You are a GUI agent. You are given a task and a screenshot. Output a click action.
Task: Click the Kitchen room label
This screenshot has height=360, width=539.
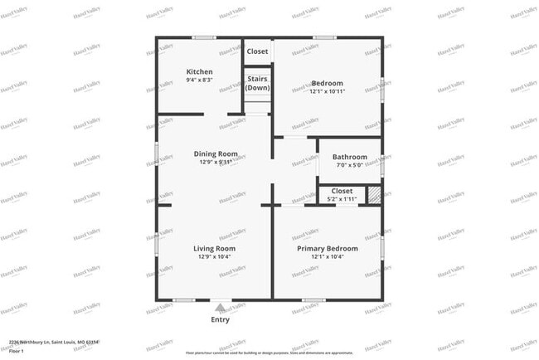pos(199,71)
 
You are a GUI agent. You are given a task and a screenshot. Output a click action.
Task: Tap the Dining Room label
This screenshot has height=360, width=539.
pos(216,153)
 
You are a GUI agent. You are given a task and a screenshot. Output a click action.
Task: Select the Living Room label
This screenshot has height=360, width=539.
pos(215,248)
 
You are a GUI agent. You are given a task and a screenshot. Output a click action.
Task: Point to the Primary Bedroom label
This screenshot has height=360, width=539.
pos(328,248)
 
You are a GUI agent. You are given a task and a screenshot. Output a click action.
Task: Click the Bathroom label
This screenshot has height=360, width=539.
pos(350,157)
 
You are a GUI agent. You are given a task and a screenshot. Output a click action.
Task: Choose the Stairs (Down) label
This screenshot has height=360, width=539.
pos(257,83)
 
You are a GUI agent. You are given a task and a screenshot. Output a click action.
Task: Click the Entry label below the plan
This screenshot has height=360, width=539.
pos(221,319)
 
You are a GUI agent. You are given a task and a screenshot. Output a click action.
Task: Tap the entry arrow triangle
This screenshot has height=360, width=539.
pos(220,307)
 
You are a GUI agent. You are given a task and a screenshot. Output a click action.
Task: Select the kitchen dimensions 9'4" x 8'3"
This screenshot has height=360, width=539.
pos(199,80)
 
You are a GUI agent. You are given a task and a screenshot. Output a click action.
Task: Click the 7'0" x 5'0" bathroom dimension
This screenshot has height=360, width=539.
pos(350,166)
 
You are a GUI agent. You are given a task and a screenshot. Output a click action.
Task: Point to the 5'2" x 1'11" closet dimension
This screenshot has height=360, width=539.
pos(341,199)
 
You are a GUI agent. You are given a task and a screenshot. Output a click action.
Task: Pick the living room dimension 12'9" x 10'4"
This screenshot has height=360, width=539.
pos(215,257)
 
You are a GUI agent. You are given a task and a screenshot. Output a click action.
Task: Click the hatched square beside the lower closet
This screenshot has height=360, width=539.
pos(375,195)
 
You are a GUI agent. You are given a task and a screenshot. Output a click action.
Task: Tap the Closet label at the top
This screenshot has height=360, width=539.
pos(257,51)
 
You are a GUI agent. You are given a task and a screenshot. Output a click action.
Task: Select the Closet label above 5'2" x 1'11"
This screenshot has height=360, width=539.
pos(342,191)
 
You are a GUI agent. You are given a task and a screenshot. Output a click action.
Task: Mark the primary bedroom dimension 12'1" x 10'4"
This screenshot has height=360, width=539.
pos(328,257)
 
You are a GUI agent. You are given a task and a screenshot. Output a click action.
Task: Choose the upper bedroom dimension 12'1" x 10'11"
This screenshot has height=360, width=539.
pos(328,91)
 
